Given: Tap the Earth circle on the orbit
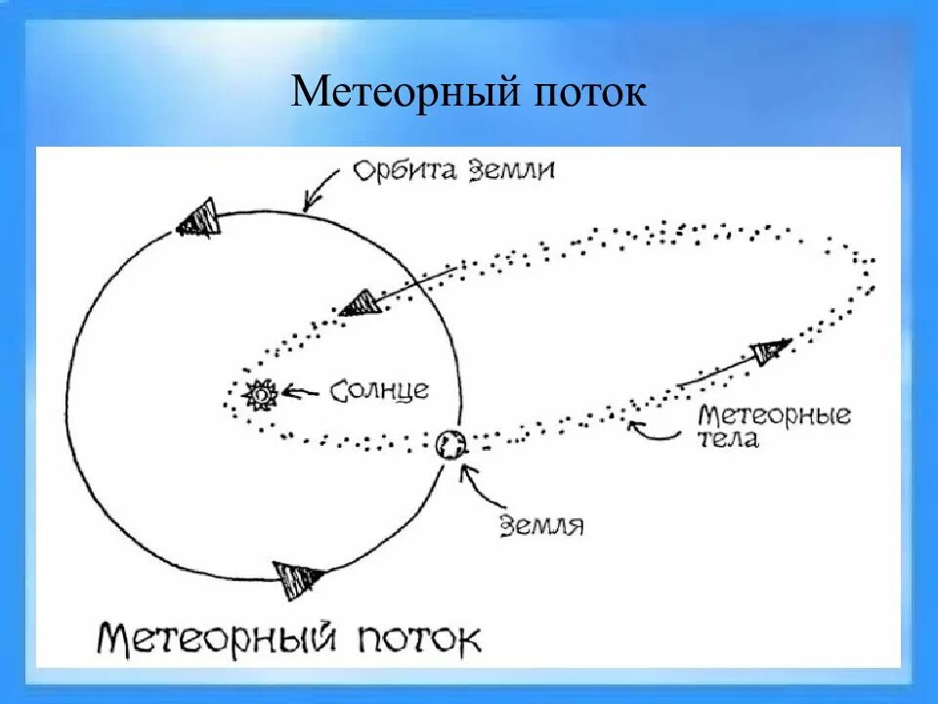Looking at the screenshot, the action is click(451, 445).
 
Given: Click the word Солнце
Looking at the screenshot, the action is click(379, 390).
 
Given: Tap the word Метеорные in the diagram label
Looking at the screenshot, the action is click(774, 415).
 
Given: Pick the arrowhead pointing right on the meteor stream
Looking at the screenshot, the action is click(771, 351).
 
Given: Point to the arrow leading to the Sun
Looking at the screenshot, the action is click(302, 393).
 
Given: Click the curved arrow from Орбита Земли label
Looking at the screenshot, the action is click(322, 188).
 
